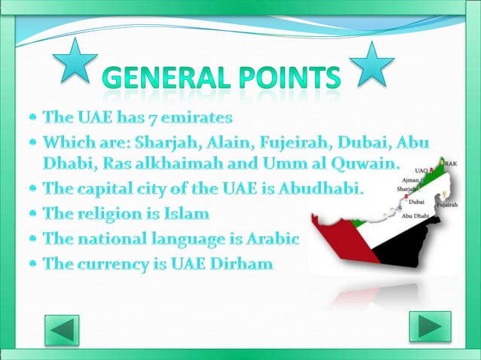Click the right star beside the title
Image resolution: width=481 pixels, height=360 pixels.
(x=372, y=63)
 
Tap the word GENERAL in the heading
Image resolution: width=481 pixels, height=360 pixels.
(x=161, y=78)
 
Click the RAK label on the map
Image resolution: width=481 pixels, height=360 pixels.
(x=450, y=163)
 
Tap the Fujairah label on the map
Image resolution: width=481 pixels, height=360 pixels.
(x=446, y=204)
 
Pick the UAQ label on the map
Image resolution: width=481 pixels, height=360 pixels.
(x=421, y=171)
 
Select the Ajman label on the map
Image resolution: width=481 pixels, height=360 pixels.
(x=412, y=182)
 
